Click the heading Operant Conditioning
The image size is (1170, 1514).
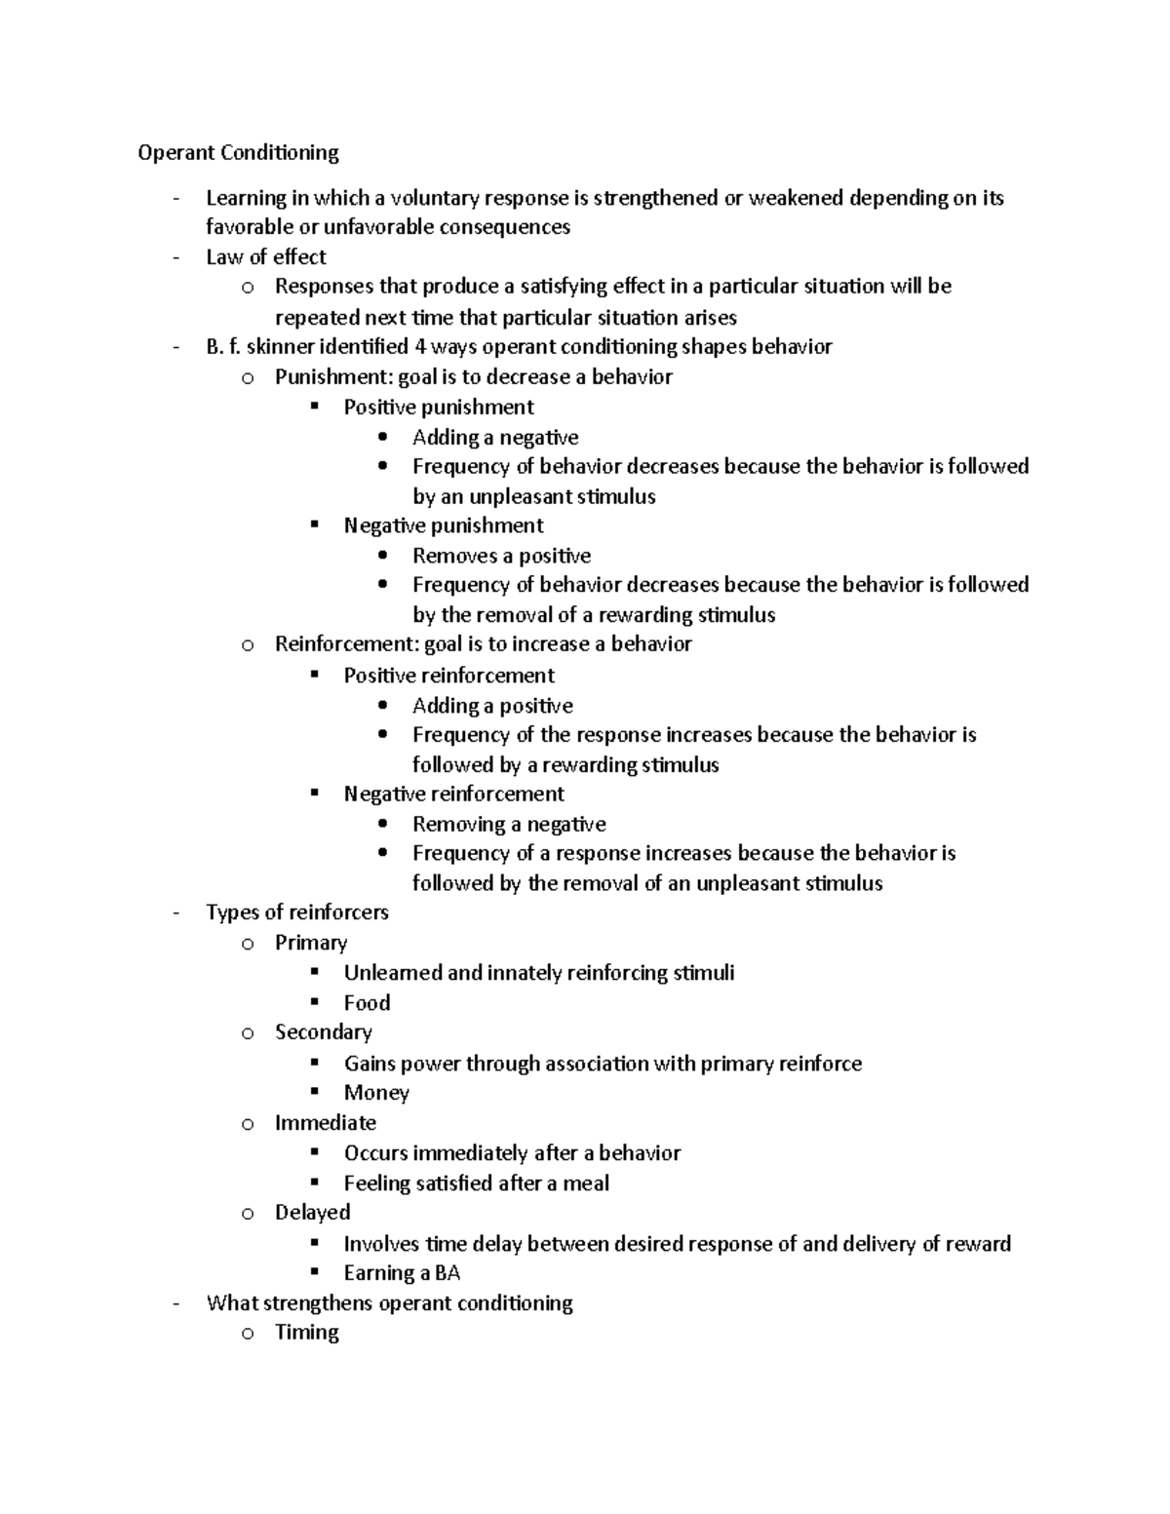[238, 153]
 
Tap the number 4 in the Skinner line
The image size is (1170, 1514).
[420, 347]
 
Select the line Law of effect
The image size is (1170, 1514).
[265, 257]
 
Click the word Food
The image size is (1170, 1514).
[367, 1003]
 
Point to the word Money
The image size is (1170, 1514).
[376, 1093]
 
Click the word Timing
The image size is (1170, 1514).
[306, 1333]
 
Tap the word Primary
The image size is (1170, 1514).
[310, 943]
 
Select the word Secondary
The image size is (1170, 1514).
[323, 1032]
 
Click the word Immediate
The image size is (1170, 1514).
[325, 1123]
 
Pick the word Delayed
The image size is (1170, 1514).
[312, 1213]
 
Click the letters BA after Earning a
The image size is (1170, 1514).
[448, 1273]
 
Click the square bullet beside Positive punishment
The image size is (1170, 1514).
[314, 407]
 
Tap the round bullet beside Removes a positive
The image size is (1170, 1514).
[383, 556]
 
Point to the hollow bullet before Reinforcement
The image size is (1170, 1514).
[248, 644]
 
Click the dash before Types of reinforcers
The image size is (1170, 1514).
[175, 913]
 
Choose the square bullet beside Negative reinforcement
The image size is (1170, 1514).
[314, 794]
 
